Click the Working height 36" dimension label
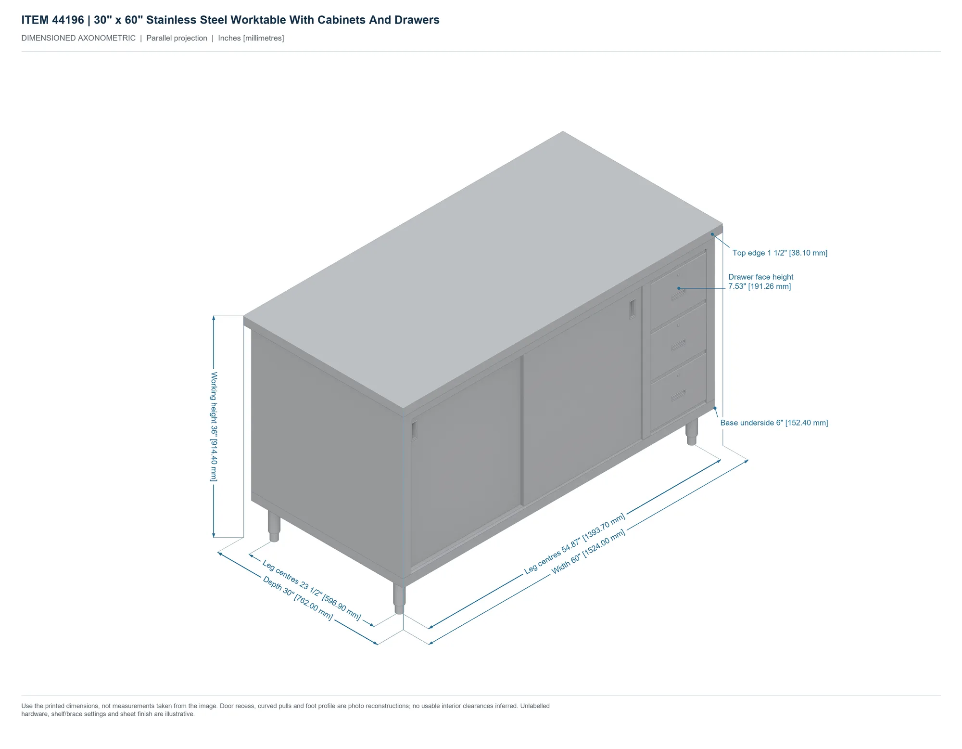point(214,426)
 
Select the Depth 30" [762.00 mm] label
point(298,598)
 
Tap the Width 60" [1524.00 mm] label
point(588,552)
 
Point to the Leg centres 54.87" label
point(575,543)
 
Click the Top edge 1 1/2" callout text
point(780,253)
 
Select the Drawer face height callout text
point(760,282)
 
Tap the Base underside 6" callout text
point(774,423)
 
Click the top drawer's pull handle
point(678,295)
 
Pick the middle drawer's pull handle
point(678,345)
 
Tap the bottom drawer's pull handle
point(678,396)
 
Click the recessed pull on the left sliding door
point(414,430)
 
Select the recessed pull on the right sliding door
point(633,309)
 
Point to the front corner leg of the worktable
point(399,598)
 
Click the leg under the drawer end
point(692,432)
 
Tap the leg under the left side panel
point(274,526)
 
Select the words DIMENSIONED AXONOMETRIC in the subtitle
point(78,38)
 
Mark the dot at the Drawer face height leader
point(679,288)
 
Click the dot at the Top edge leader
point(712,234)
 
